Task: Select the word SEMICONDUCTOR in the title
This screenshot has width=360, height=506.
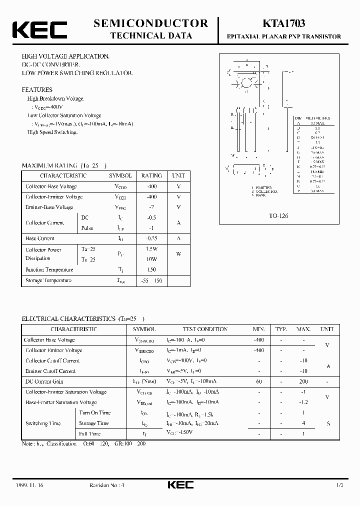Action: (150, 23)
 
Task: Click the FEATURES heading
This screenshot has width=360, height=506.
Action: (37, 90)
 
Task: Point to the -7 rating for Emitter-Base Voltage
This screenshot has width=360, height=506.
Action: (151, 207)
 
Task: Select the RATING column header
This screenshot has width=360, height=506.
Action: (151, 175)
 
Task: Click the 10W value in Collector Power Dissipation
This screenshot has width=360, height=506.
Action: (151, 259)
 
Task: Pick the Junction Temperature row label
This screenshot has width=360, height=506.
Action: (49, 269)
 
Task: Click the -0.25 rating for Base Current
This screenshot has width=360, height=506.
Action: (151, 238)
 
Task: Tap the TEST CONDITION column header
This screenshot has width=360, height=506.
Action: (204, 329)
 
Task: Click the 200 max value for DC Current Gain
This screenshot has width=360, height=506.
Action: (303, 381)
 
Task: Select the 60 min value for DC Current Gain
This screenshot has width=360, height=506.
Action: (259, 381)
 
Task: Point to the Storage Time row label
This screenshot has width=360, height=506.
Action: (93, 423)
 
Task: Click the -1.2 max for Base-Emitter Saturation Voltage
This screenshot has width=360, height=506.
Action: (303, 402)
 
